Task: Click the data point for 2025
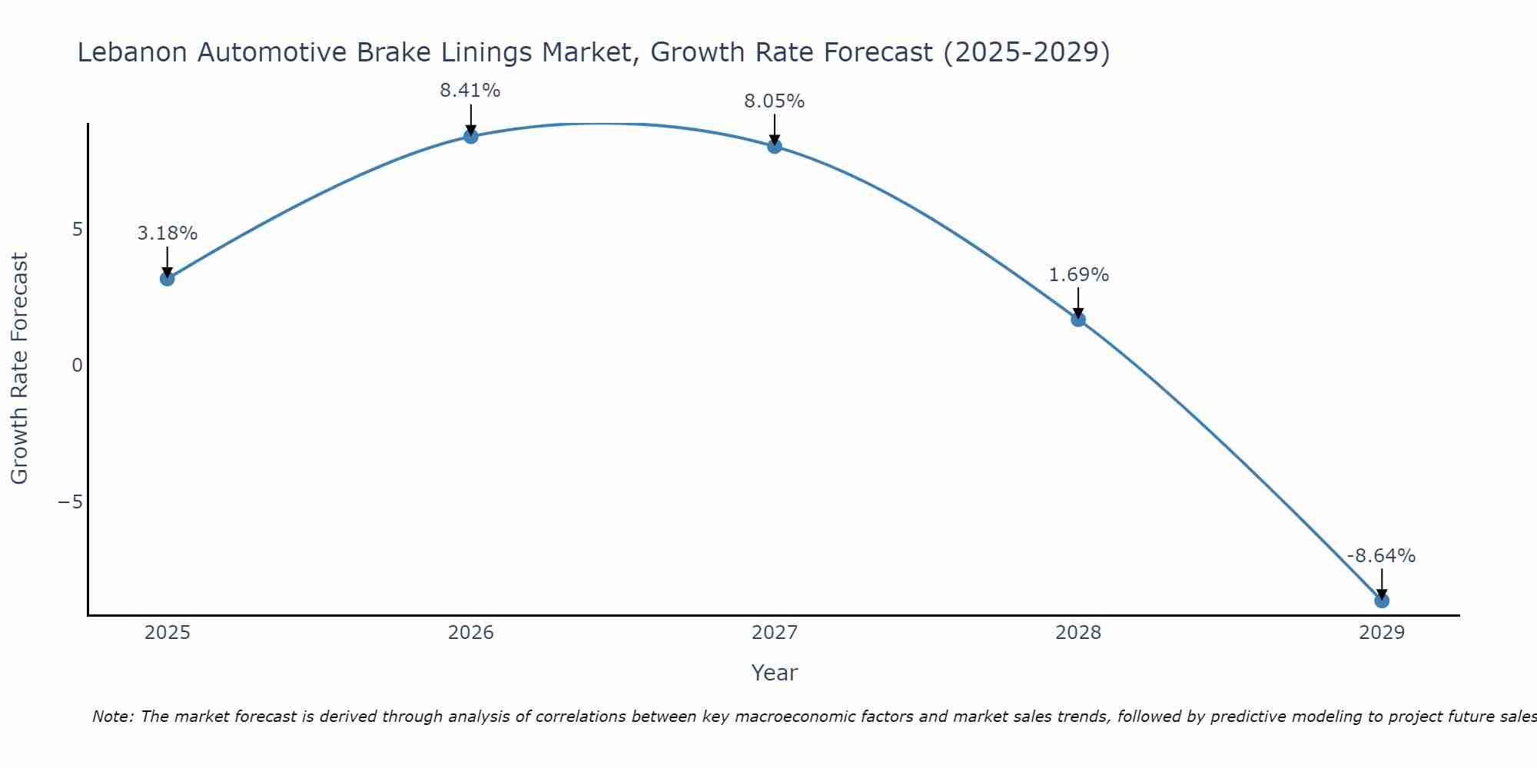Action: point(167,278)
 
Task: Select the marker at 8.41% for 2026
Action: point(470,137)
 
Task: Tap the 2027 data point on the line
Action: point(775,146)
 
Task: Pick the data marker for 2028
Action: point(1078,319)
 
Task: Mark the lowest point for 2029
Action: point(1382,601)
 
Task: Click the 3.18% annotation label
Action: point(168,233)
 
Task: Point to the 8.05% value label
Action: point(774,101)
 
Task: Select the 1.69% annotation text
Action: point(1078,275)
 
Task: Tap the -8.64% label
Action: point(1381,556)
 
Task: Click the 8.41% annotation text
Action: point(470,91)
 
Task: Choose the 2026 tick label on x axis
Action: point(470,633)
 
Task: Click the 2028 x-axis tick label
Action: point(1078,633)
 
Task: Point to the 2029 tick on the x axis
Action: point(1382,633)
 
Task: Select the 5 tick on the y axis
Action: point(77,230)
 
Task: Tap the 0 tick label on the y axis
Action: point(77,366)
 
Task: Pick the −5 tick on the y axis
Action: point(71,502)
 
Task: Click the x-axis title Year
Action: point(774,673)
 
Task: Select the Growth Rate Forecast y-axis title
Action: point(20,369)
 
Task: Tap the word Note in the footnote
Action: point(112,717)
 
